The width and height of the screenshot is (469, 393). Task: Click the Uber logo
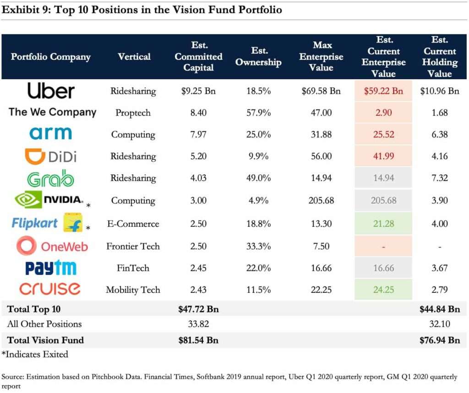pyautogui.click(x=50, y=91)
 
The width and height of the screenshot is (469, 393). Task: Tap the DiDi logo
pyautogui.click(x=50, y=156)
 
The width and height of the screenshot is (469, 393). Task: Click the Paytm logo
pyautogui.click(x=51, y=268)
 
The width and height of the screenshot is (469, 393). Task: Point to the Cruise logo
pyautogui.click(x=50, y=289)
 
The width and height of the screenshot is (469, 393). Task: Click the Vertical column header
pyautogui.click(x=134, y=57)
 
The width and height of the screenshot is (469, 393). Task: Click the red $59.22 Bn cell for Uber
pyautogui.click(x=383, y=91)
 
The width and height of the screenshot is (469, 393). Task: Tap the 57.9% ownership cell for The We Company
pyautogui.click(x=258, y=113)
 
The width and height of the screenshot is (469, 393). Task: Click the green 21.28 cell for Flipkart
pyautogui.click(x=383, y=224)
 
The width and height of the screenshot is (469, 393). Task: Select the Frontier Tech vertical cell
pyautogui.click(x=133, y=246)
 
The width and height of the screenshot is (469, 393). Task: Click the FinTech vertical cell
pyautogui.click(x=133, y=268)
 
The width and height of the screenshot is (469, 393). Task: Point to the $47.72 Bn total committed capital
pyautogui.click(x=198, y=309)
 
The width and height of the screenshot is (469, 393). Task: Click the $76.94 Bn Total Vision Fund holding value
pyautogui.click(x=439, y=340)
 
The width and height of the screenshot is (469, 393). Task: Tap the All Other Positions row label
pyautogui.click(x=44, y=324)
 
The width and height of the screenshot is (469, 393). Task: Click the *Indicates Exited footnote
pyautogui.click(x=35, y=354)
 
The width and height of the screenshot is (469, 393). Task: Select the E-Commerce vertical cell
pyautogui.click(x=133, y=224)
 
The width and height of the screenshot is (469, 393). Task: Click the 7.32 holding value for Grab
pyautogui.click(x=439, y=178)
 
